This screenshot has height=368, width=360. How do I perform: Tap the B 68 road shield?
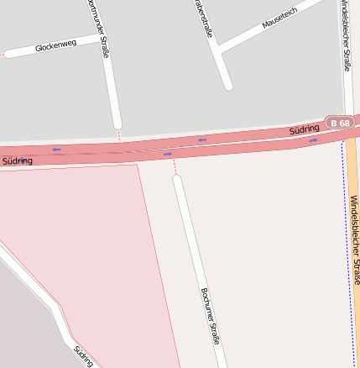pyautogui.click(x=340, y=124)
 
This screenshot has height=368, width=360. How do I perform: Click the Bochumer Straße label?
pyautogui.click(x=210, y=316)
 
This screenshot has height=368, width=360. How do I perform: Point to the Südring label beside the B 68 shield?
pyautogui.click(x=304, y=130)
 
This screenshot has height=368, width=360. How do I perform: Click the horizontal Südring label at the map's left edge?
pyautogui.click(x=17, y=160)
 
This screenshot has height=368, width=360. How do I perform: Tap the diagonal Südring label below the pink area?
pyautogui.click(x=82, y=356)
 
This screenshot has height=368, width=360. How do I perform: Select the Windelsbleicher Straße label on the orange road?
pyautogui.click(x=354, y=239)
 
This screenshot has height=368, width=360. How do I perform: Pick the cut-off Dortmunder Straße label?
pyautogui.click(x=97, y=29)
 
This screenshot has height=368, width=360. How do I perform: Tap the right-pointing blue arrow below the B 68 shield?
pyautogui.click(x=313, y=140)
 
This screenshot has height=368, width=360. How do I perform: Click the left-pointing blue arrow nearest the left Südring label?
pyautogui.click(x=56, y=150)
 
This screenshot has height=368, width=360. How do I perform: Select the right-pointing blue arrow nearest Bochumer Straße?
pyautogui.click(x=168, y=154)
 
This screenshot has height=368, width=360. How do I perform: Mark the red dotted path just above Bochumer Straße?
pyautogui.click(x=175, y=167)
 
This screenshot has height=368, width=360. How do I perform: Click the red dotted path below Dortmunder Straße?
pyautogui.click(x=119, y=134)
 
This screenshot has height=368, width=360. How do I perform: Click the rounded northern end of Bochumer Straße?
pyautogui.click(x=177, y=179)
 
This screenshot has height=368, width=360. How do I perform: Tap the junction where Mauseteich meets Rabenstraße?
pyautogui.click(x=217, y=47)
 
